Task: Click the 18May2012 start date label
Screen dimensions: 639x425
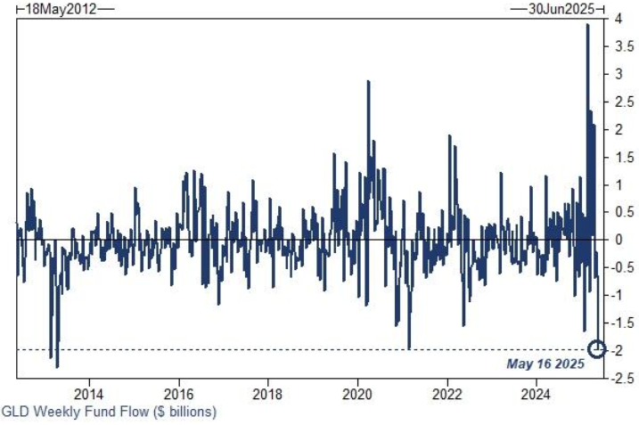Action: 61,9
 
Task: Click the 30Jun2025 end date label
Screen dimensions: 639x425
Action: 561,9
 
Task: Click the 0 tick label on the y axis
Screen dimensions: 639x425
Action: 619,240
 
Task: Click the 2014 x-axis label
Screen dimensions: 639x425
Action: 89,394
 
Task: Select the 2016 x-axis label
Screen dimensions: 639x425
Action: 178,394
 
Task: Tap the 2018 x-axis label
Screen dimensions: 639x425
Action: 267,394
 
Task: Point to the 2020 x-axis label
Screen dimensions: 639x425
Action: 357,394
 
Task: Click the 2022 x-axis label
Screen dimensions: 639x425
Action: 447,394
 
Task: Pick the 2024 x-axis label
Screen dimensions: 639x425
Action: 537,394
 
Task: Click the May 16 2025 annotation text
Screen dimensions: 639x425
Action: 545,364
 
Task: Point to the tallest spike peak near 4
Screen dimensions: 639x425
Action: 587,25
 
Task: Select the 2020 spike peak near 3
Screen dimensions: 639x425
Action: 368,81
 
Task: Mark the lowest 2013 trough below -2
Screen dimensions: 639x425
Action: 57,367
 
